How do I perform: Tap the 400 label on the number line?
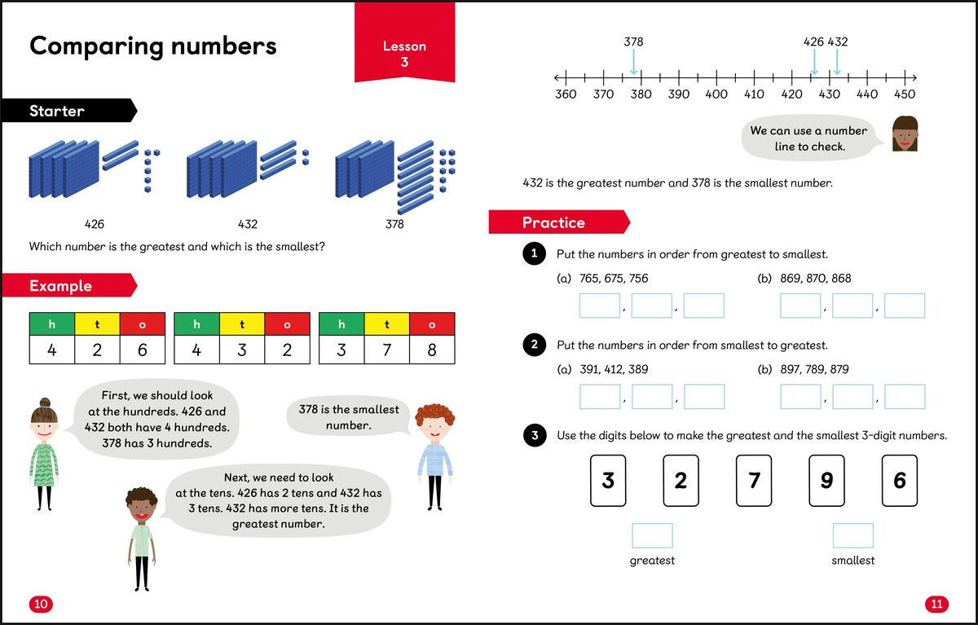716,95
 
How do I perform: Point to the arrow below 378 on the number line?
633,62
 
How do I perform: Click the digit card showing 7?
754,481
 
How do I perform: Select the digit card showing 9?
826,481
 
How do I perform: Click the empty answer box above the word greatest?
652,535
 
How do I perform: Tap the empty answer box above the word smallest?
853,535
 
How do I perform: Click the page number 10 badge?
41,604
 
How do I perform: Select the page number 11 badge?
936,604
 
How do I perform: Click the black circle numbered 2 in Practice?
535,345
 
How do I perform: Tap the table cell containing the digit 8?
432,350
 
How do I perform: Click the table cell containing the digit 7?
386,350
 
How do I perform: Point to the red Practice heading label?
559,222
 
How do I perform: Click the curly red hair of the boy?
435,414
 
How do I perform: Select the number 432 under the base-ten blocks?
248,224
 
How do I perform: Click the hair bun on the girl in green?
45,403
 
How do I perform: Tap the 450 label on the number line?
905,95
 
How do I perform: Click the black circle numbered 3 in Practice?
535,436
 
